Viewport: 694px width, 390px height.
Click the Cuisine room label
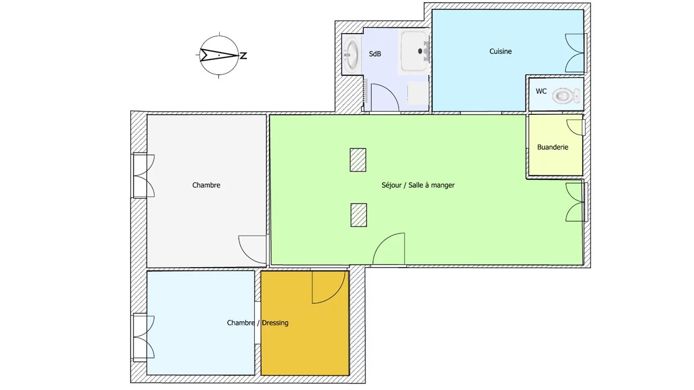pos(500,51)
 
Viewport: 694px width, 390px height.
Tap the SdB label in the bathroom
pos(375,54)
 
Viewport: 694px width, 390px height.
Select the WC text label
pos(541,92)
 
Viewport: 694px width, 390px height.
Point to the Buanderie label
pos(552,147)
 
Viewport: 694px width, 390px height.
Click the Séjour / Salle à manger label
pos(418,185)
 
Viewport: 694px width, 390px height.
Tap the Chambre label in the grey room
pos(207,185)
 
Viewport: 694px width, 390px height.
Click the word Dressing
pos(275,323)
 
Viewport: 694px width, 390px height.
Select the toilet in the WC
pos(566,96)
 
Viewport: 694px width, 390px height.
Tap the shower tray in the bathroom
pos(414,51)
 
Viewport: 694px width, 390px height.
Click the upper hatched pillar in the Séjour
pos(358,160)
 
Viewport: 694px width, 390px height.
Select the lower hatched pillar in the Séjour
pos(359,215)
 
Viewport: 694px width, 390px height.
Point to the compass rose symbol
pos(220,55)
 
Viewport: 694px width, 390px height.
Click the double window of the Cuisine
pos(576,53)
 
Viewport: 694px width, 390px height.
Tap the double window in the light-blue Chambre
pos(144,337)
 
